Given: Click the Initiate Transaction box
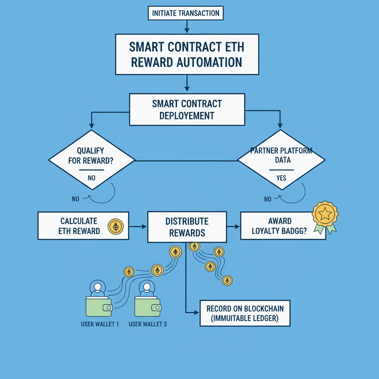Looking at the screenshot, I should tap(186, 13).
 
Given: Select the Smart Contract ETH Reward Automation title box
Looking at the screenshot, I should tap(187, 54).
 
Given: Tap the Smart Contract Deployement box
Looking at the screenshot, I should tap(187, 109).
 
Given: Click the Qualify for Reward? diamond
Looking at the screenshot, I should tap(91, 160).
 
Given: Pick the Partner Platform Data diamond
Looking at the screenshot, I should tap(281, 160).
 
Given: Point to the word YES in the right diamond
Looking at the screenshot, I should tap(281, 178).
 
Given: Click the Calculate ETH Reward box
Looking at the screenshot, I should tap(83, 226).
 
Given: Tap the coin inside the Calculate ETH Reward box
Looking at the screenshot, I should tap(115, 227).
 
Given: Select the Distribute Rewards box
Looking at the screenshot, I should tap(187, 227).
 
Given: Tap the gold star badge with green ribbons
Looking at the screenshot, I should tap(325, 214).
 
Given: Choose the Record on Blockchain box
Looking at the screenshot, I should tap(245, 313).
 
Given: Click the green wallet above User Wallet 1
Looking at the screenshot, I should tap(99, 306).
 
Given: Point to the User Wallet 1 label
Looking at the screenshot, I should tap(100, 324).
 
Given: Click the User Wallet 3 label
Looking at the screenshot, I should tap(148, 324).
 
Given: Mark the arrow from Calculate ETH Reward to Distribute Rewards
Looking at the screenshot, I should tap(138, 227).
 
